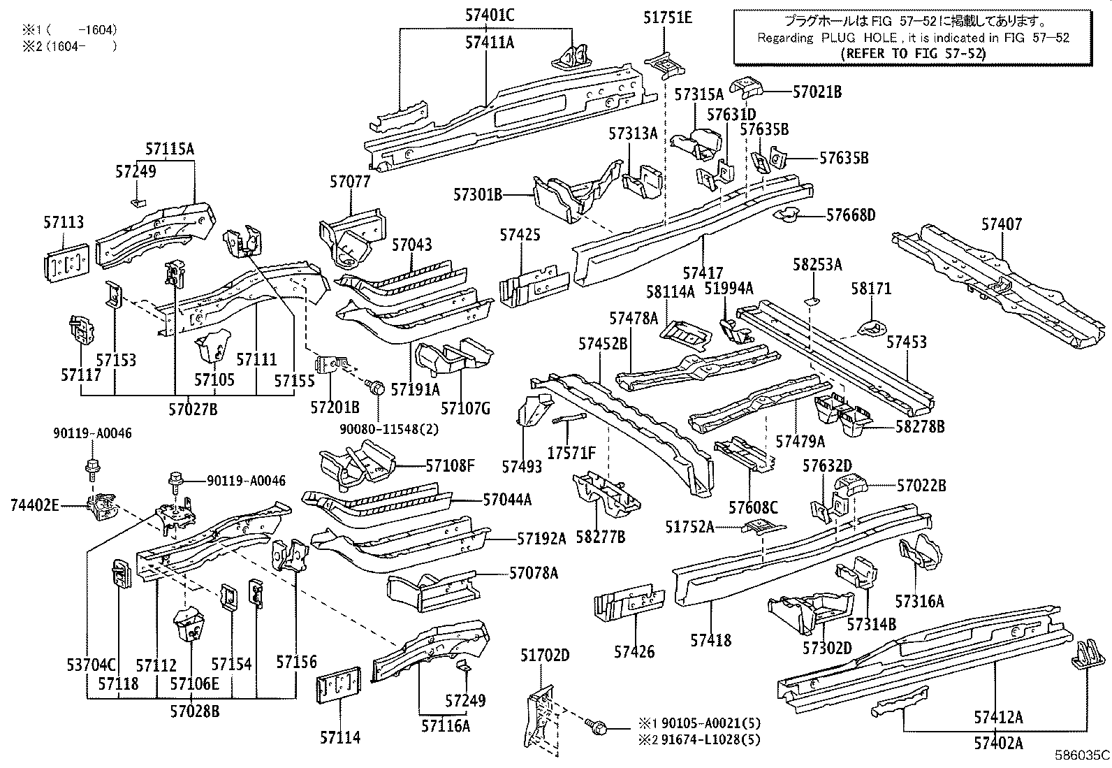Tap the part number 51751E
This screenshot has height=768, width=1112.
coord(668,18)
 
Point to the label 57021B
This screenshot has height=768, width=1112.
coord(817,92)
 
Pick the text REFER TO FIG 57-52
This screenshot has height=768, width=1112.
coord(914,53)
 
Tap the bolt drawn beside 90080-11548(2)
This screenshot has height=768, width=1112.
coord(376,386)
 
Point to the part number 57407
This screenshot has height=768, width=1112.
coord(1002,224)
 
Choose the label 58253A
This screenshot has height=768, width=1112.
coord(818,265)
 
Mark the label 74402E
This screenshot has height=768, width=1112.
coord(35,503)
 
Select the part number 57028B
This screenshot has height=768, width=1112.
coord(194,711)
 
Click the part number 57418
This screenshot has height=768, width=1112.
coord(711,639)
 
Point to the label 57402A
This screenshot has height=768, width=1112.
coord(999,741)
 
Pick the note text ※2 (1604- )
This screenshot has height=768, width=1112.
coord(68,47)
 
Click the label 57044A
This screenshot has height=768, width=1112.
coord(507,500)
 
